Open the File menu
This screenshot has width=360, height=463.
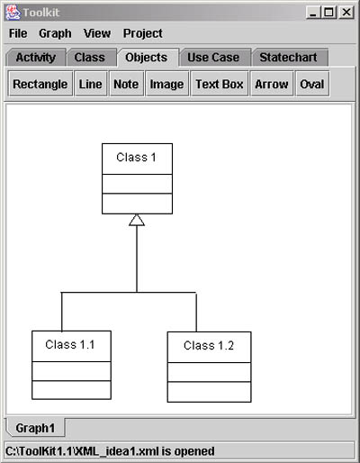click(x=18, y=33)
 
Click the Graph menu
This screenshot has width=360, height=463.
click(x=55, y=33)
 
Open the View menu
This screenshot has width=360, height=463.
click(x=97, y=33)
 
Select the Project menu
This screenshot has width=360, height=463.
click(x=143, y=33)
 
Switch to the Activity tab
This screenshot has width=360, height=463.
click(x=36, y=57)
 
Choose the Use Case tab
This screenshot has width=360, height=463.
click(x=213, y=57)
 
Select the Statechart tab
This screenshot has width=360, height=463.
click(x=288, y=57)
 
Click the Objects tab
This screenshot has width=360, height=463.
click(x=147, y=57)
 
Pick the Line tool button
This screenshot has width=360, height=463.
click(x=91, y=84)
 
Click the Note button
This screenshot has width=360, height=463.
click(x=126, y=84)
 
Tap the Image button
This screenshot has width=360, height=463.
click(x=166, y=84)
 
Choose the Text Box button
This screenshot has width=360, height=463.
click(x=220, y=84)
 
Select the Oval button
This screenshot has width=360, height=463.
click(x=312, y=84)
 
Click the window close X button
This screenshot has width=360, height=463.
click(x=346, y=13)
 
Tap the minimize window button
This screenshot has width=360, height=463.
click(x=313, y=13)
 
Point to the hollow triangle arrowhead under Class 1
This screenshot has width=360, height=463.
click(x=137, y=220)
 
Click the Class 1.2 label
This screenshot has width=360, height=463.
click(x=209, y=345)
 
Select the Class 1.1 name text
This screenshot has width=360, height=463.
click(x=70, y=344)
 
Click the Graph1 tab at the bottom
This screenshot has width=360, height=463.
click(x=35, y=428)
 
